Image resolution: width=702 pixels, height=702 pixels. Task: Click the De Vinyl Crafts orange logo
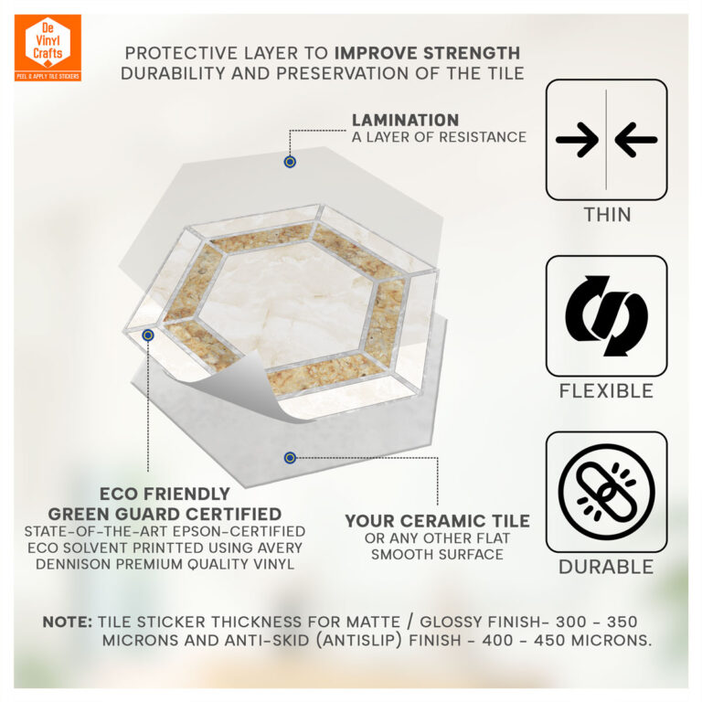point(48,48)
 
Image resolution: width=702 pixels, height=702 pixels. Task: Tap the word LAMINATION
point(405,120)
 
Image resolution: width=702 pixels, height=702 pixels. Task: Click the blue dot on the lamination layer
point(290,162)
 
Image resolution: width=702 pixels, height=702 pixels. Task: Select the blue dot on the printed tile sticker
point(148,335)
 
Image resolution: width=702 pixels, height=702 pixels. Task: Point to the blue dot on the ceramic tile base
point(290,458)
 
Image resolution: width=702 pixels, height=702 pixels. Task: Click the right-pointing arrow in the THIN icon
point(577,140)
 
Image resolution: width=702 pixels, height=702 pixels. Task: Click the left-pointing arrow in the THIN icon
point(636,140)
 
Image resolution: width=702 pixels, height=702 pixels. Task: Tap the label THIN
point(608,215)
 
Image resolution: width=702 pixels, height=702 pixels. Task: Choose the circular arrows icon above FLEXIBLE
point(607,315)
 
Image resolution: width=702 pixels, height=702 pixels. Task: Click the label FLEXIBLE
point(606,391)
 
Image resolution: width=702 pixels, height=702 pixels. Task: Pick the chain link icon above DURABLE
point(607,492)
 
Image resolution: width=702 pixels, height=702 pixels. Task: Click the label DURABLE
point(606,567)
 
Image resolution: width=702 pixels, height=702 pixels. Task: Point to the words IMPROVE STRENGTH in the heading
point(427,53)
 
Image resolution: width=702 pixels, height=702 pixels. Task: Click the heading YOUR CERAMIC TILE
point(438,521)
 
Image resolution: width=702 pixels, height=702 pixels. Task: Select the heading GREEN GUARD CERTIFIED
point(165,514)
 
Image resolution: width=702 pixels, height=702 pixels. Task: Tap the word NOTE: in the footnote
point(68,622)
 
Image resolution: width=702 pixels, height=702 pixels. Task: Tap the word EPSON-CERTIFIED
point(239,531)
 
